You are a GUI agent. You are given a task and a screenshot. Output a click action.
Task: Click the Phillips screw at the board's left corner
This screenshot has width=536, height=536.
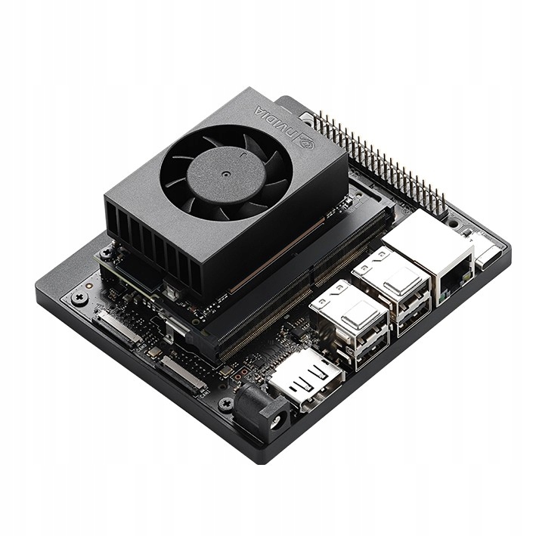tap(78, 297)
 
